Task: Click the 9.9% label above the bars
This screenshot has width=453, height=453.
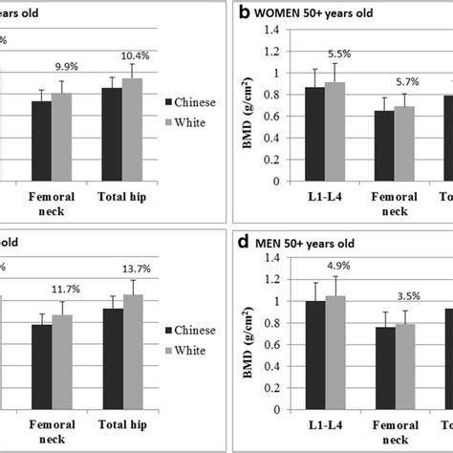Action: point(67,65)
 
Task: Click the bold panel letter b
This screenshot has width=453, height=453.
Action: point(244,12)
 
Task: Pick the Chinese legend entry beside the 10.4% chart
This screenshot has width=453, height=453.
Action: point(188,101)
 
